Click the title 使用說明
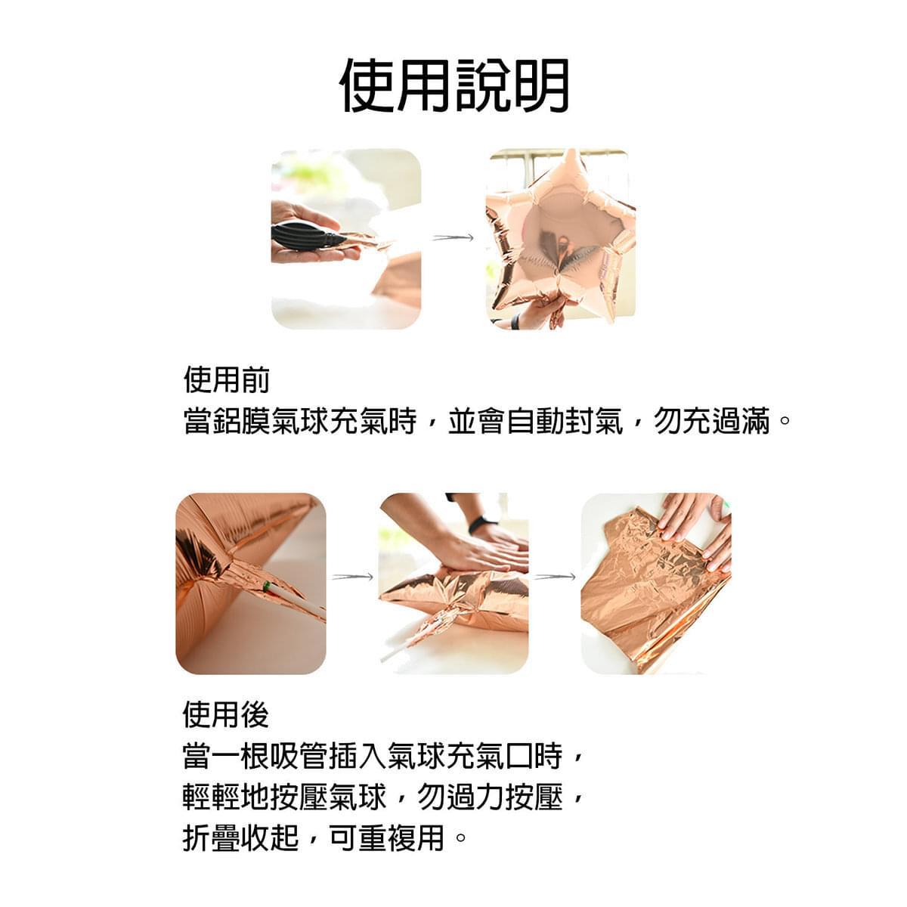point(454,85)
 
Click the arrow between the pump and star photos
point(453,237)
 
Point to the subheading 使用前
point(227,380)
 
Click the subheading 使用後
point(226,715)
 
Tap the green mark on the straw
point(266,587)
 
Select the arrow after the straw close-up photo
point(352,577)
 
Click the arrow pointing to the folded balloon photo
point(555,577)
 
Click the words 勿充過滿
point(712,421)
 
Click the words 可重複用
point(388,837)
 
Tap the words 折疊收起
point(240,837)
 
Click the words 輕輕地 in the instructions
point(226,797)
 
